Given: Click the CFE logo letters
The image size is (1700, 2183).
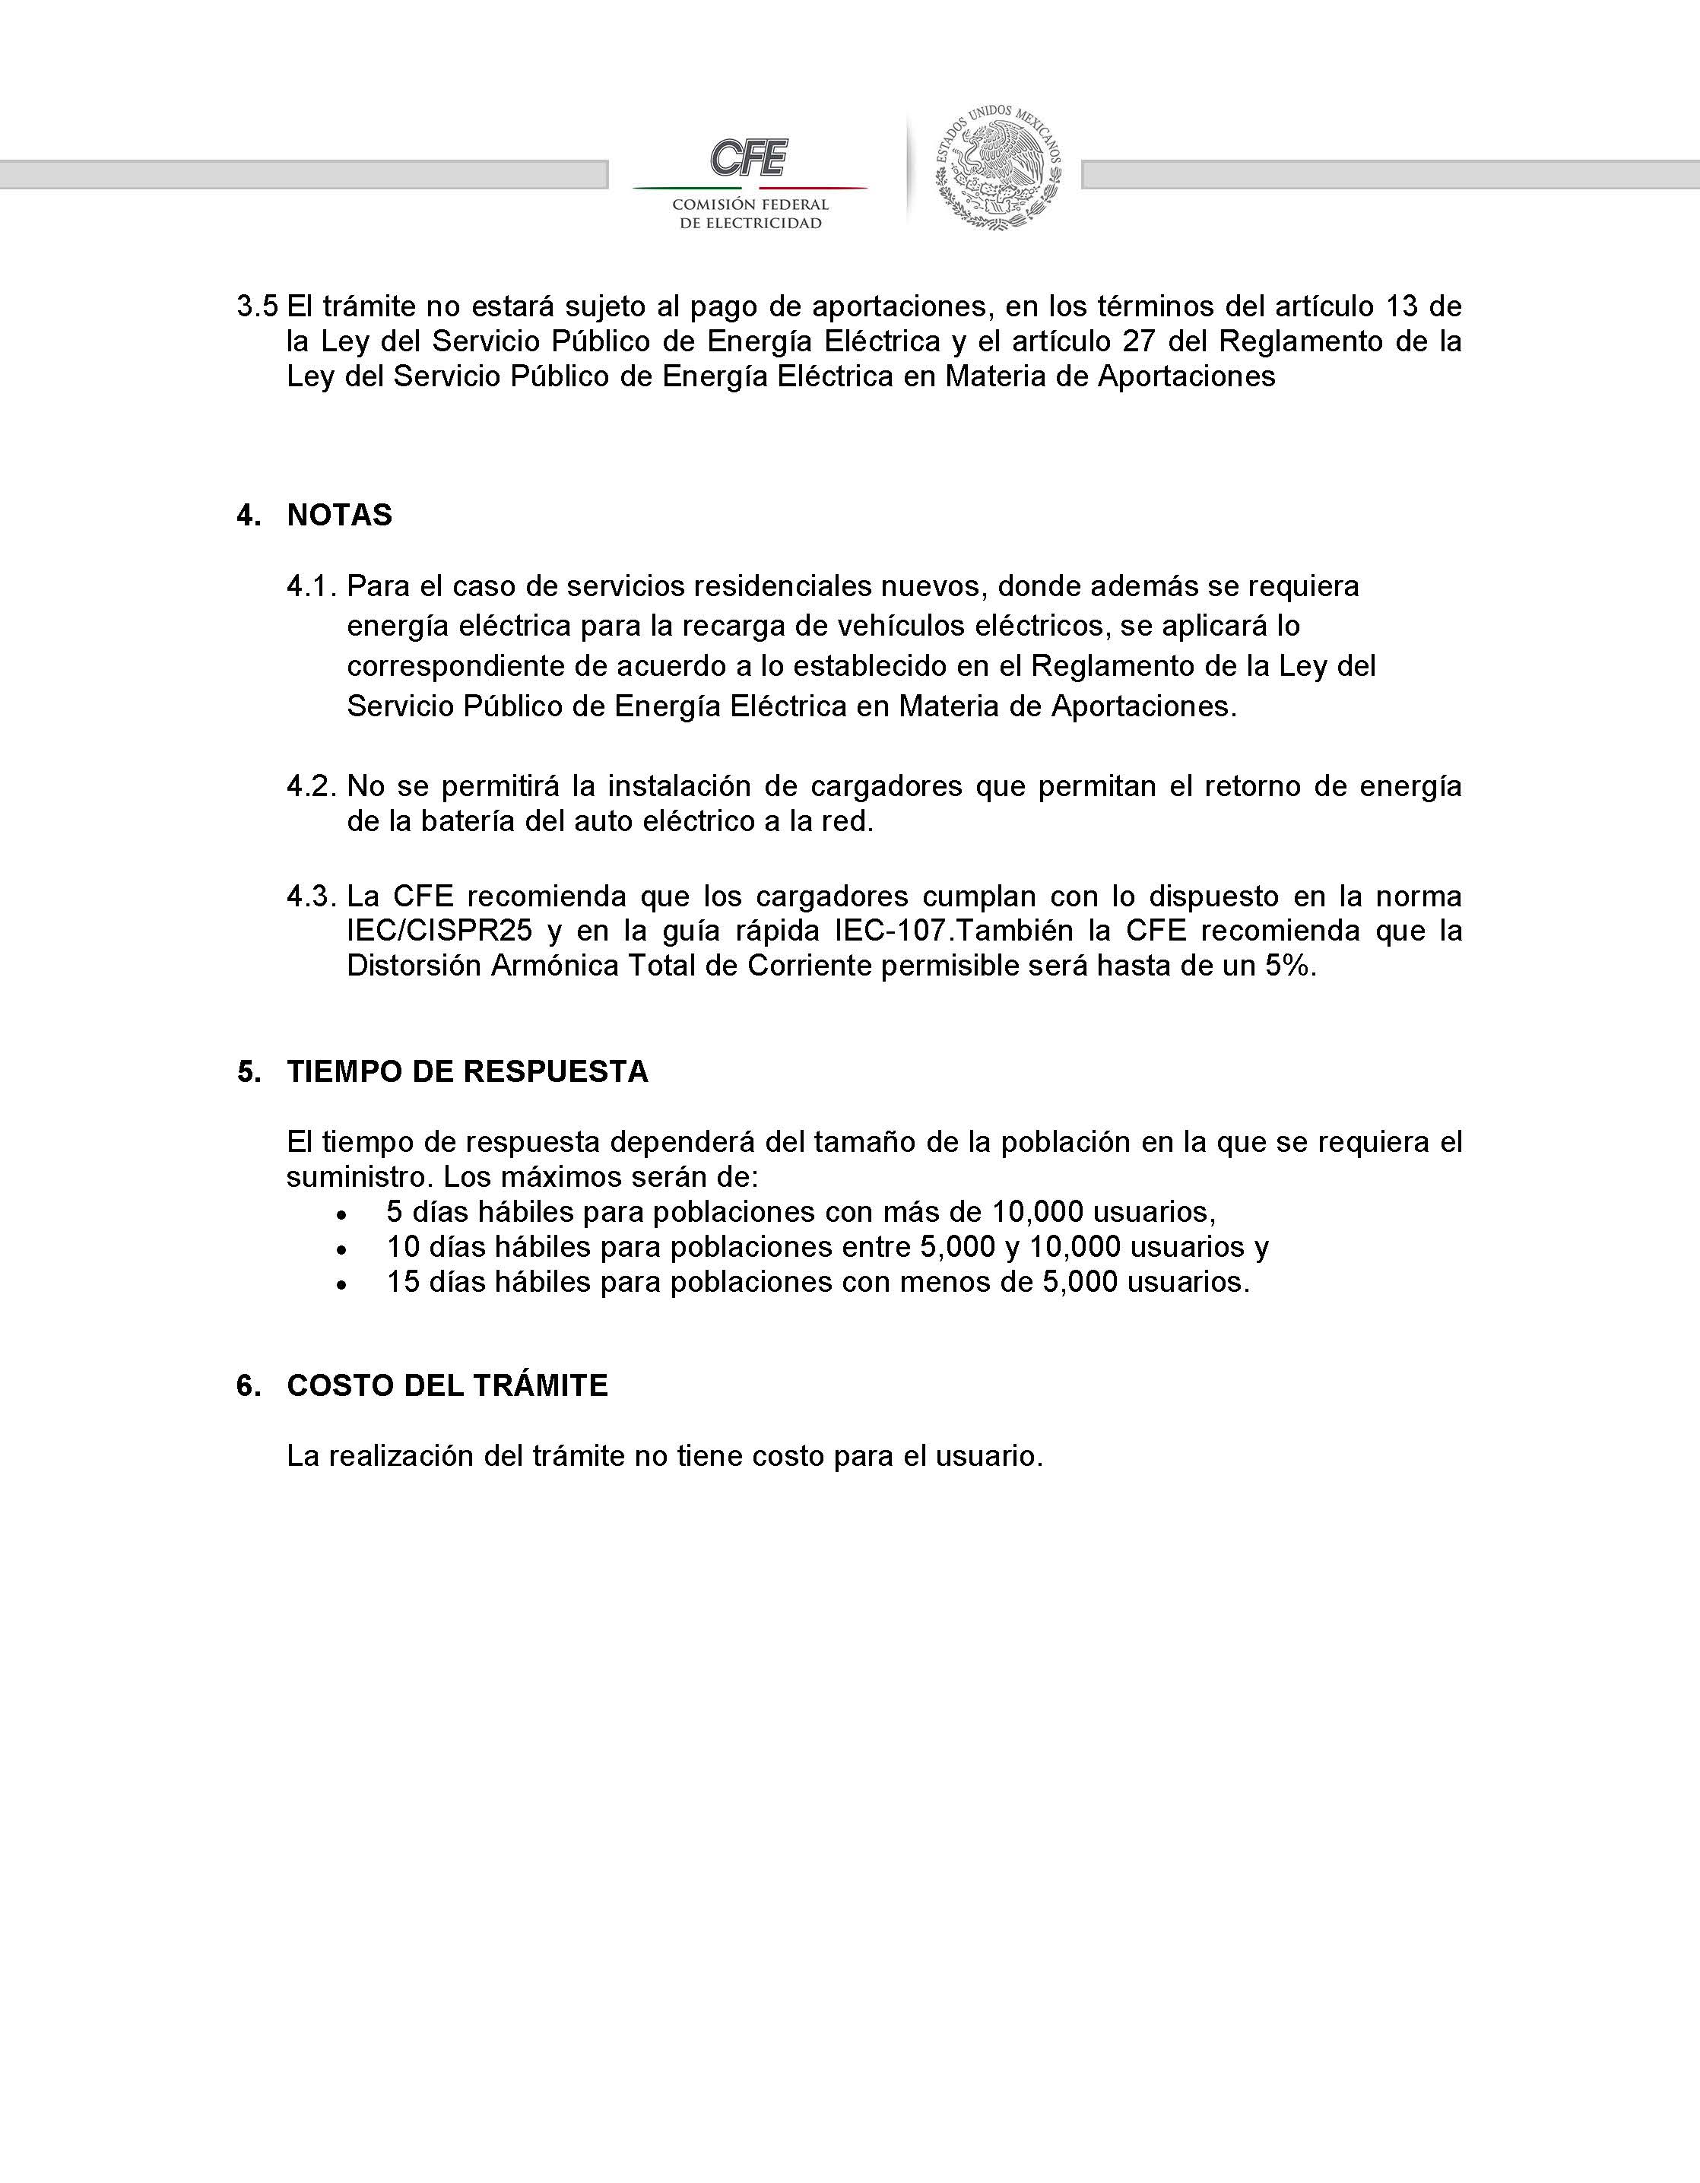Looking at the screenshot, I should [749, 158].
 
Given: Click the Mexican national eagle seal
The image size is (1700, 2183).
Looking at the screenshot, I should [997, 168].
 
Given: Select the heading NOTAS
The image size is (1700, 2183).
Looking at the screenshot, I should [339, 515].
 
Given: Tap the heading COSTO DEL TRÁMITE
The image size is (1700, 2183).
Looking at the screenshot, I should [447, 1385].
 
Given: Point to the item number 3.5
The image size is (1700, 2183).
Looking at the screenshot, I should [257, 306].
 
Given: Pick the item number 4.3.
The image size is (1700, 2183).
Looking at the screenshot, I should [311, 896].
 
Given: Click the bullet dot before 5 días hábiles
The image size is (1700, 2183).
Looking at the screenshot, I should [343, 1214].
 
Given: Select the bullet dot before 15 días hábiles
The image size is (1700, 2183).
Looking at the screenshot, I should [343, 1284].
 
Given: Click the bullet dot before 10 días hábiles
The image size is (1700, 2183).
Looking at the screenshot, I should [343, 1249].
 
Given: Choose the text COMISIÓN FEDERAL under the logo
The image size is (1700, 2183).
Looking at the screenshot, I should [750, 204].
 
